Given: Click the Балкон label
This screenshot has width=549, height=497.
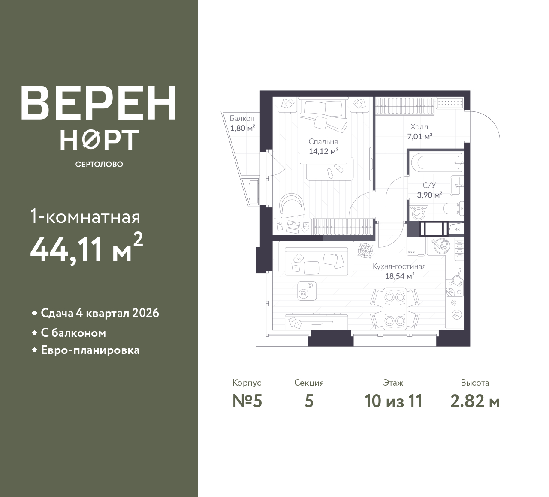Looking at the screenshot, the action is [242, 118].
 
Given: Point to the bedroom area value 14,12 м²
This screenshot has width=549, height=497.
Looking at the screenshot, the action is [323, 151].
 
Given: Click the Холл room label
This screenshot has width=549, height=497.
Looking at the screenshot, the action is [419, 126].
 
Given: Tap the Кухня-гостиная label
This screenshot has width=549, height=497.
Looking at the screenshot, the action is [399, 266].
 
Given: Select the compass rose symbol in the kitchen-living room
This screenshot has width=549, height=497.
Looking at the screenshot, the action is [365, 250].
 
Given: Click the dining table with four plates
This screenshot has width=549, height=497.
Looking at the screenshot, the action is [395, 309].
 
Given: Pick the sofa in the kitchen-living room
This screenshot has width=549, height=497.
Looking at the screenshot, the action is [317, 261].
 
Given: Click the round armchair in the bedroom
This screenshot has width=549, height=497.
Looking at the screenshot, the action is [292, 206].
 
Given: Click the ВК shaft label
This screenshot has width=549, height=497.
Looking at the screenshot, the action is [457, 229].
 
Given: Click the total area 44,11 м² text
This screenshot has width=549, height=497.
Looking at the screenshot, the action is [87, 250].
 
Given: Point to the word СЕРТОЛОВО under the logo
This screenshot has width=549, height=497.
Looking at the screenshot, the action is [99, 164].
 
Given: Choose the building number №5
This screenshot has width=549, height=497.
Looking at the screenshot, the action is [247, 401].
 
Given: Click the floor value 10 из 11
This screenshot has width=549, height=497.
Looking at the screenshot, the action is [393, 401].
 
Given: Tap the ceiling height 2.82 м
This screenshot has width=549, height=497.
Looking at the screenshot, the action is [475, 401].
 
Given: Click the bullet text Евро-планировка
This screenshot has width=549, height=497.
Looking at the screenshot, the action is [90, 350].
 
